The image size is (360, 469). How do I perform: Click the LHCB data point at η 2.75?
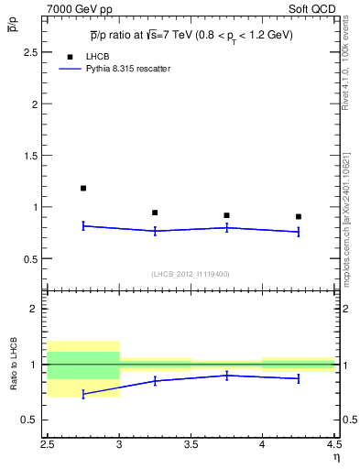pyautogui.click(x=83, y=188)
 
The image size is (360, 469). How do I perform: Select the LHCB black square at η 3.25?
pyautogui.click(x=155, y=213)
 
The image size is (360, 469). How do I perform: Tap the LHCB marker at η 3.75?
pyautogui.click(x=226, y=215)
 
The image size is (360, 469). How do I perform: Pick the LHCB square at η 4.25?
pyautogui.click(x=299, y=217)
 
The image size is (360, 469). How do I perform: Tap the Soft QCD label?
pyautogui.click(x=314, y=8)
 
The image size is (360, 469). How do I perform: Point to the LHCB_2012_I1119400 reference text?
pyautogui.click(x=191, y=273)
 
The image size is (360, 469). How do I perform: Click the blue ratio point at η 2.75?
pyautogui.click(x=83, y=394)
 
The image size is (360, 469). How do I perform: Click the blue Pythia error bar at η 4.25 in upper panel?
pyautogui.click(x=299, y=232)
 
